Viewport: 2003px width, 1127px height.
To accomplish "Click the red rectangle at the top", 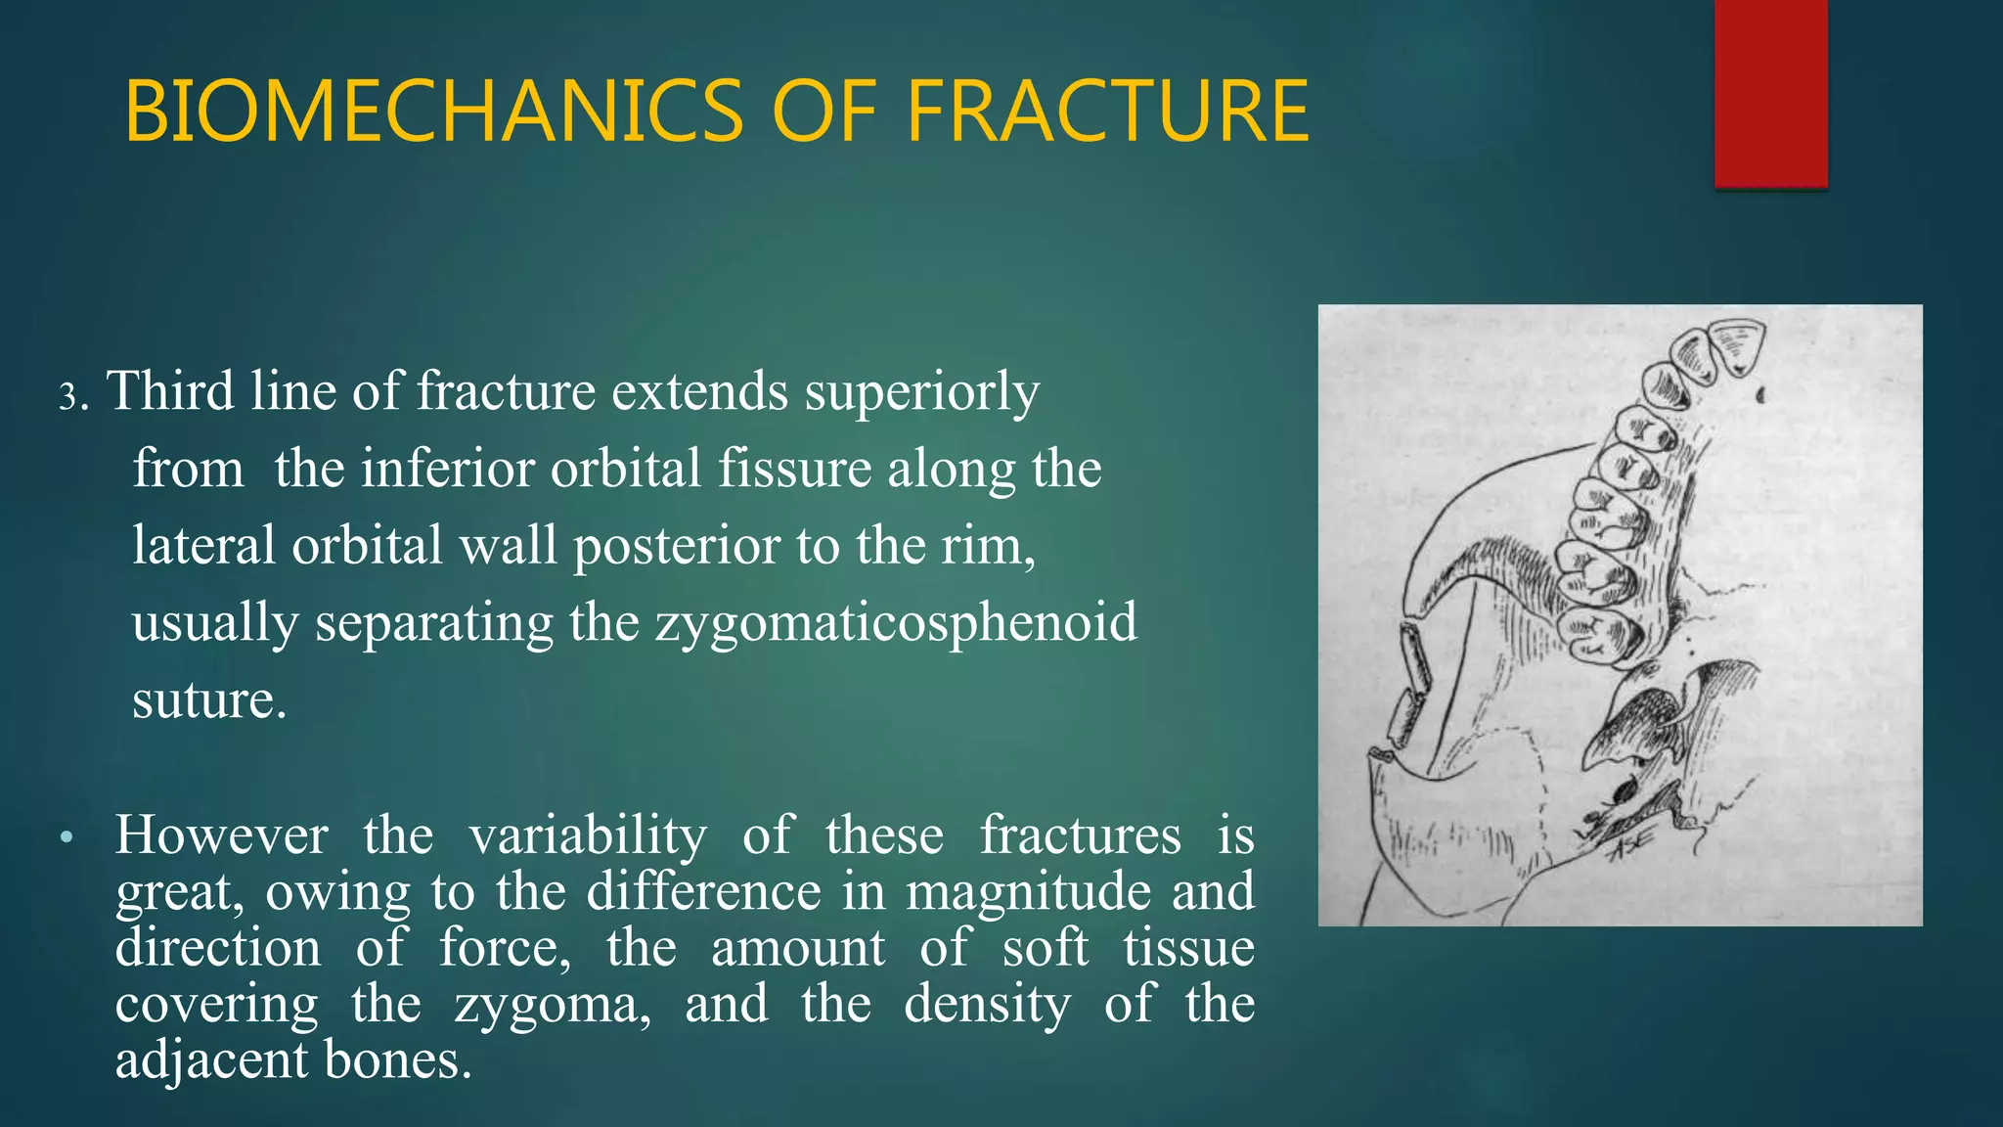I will click(x=1770, y=93).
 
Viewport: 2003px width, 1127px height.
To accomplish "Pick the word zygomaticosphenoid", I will click(x=896, y=622).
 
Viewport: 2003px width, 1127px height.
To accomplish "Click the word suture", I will click(x=208, y=699).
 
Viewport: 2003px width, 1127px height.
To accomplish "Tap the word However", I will click(x=221, y=836).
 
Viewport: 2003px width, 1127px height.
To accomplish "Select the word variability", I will click(x=587, y=836).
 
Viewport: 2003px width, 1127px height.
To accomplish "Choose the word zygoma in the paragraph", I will click(x=552, y=1005).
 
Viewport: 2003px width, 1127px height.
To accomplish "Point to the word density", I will click(x=987, y=1005).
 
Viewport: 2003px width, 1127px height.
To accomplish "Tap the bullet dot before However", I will click(x=66, y=838).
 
